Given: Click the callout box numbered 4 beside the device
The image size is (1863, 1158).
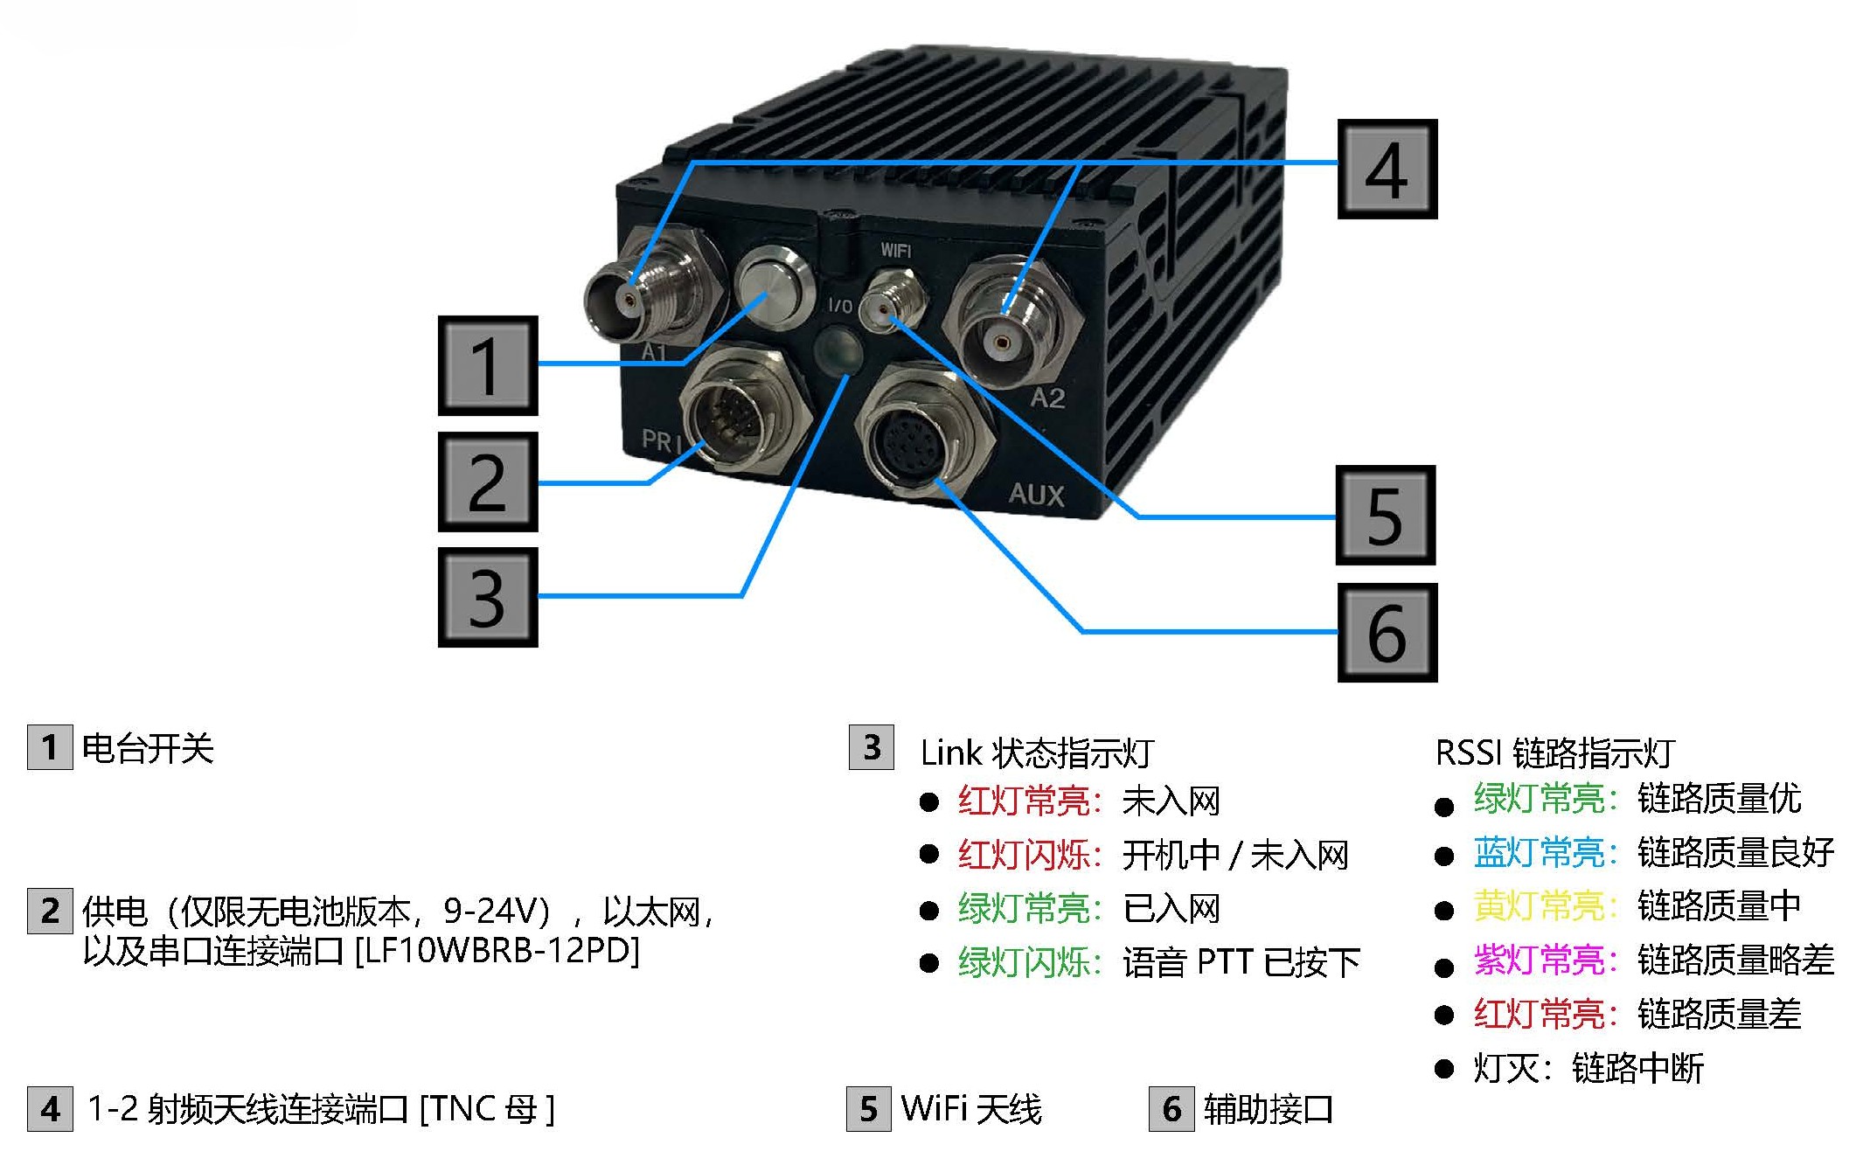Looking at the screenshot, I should [x=1387, y=170].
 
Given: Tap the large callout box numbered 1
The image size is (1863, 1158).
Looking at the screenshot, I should [x=488, y=365].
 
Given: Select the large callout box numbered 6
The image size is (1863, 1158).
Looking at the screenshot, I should [x=1387, y=633].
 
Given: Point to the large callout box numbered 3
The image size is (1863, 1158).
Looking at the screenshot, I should [x=488, y=597].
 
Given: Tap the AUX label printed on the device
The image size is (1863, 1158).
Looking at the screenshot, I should [x=1037, y=495].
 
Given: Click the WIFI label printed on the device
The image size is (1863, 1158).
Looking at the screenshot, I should [x=895, y=251].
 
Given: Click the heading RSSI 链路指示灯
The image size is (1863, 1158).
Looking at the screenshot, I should [x=1554, y=752].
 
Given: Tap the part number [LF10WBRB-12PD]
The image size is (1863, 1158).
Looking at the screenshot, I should [x=497, y=951].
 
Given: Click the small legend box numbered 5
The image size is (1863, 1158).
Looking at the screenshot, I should [x=869, y=1108].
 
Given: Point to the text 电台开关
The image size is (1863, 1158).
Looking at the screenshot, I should [x=148, y=749].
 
